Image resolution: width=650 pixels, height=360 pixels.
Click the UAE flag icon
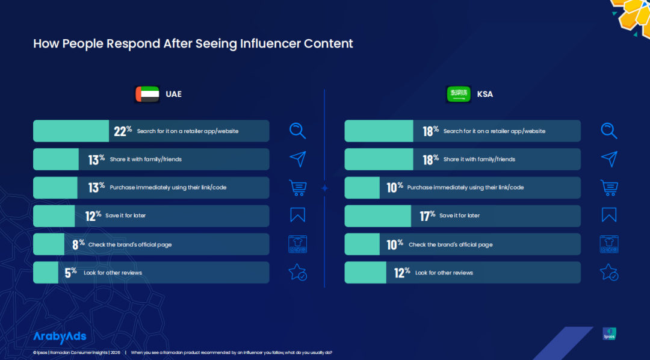(147, 95)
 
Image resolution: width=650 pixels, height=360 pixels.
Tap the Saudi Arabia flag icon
(459, 95)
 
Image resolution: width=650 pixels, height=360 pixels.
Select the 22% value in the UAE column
(123, 131)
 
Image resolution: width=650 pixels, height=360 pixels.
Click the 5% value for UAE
(71, 272)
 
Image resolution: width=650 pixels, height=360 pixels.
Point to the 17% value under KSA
(427, 216)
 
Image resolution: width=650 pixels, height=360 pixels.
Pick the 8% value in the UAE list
(78, 244)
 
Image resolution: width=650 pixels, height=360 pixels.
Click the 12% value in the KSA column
(402, 272)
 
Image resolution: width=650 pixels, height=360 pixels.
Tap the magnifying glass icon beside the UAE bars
(298, 131)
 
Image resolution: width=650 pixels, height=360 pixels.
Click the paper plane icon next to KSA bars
(609, 159)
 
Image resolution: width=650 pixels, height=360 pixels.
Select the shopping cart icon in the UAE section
(298, 187)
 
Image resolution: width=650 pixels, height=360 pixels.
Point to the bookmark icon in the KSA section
(609, 215)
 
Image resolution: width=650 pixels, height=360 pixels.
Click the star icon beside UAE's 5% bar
(298, 272)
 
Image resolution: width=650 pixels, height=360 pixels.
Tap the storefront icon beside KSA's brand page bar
(609, 244)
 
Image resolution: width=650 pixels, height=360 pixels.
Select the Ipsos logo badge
(609, 334)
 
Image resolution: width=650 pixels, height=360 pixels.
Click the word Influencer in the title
(271, 43)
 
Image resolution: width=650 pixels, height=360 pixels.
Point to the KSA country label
(484, 95)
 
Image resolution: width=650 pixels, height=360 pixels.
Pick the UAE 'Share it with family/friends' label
(146, 160)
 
